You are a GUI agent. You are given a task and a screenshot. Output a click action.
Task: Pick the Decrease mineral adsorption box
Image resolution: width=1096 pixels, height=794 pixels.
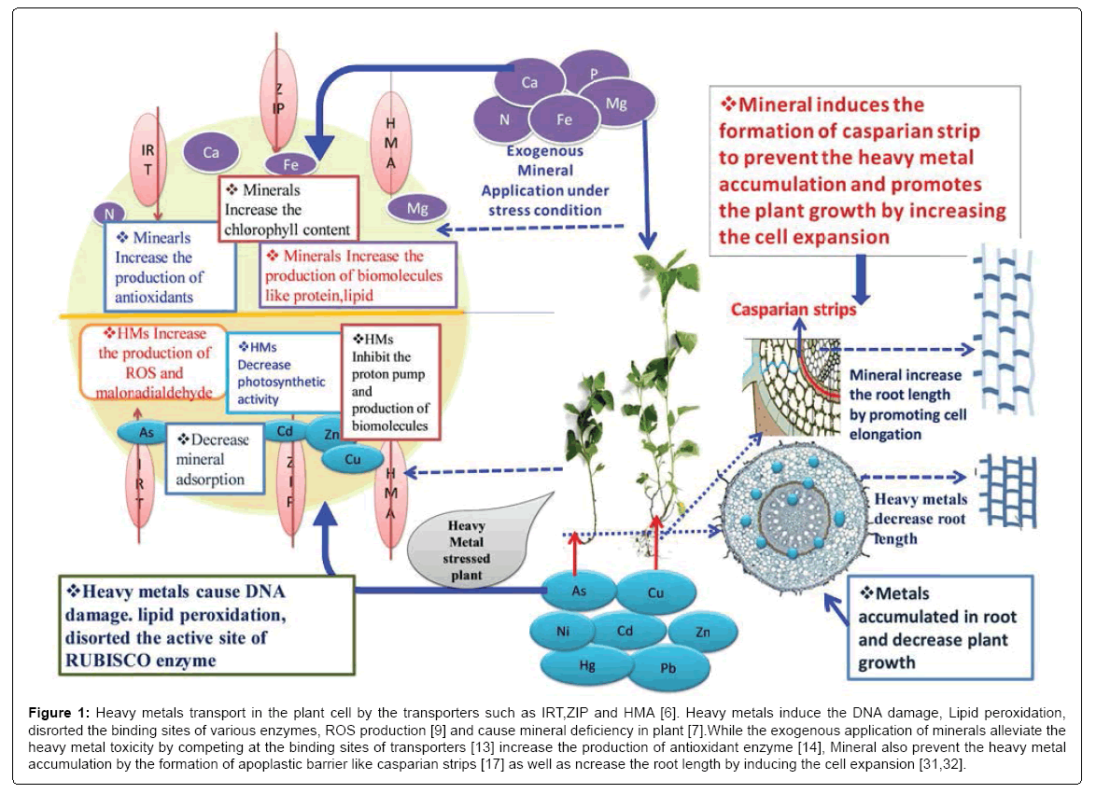click(x=214, y=459)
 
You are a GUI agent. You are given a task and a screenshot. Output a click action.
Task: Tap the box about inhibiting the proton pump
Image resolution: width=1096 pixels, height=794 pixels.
click(x=389, y=382)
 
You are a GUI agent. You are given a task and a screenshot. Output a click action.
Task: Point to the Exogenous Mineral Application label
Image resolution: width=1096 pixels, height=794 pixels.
click(x=545, y=180)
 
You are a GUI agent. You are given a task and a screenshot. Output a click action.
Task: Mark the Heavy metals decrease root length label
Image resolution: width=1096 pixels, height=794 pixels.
click(x=920, y=519)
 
